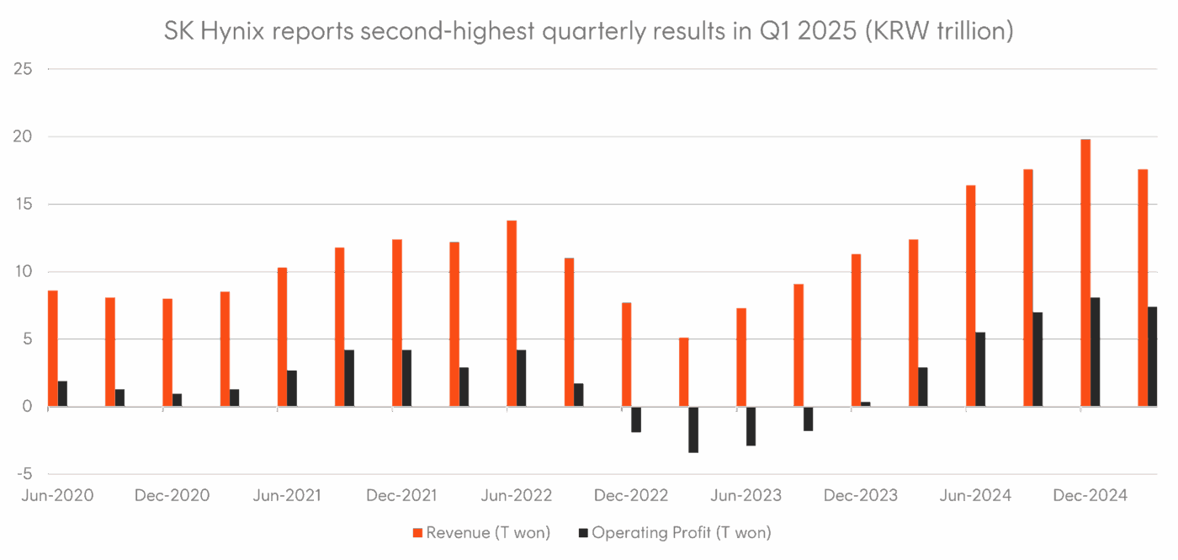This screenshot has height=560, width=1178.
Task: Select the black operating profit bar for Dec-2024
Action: click(x=1096, y=352)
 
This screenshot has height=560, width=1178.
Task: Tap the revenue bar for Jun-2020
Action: click(x=53, y=349)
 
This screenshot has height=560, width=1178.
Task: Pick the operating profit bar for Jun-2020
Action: click(x=63, y=394)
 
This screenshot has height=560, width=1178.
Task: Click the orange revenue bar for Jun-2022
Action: click(x=512, y=313)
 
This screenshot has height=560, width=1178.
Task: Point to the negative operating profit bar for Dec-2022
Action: click(x=636, y=419)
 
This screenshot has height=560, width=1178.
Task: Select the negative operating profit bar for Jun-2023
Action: click(x=751, y=426)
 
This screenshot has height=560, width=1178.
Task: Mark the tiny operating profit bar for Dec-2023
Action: click(x=866, y=404)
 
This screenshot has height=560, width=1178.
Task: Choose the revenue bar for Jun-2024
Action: click(x=971, y=296)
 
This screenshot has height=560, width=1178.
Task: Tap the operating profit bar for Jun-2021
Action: click(x=292, y=388)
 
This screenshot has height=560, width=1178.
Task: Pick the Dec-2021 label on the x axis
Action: click(x=401, y=495)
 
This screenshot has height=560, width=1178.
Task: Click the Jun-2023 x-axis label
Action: click(x=746, y=495)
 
